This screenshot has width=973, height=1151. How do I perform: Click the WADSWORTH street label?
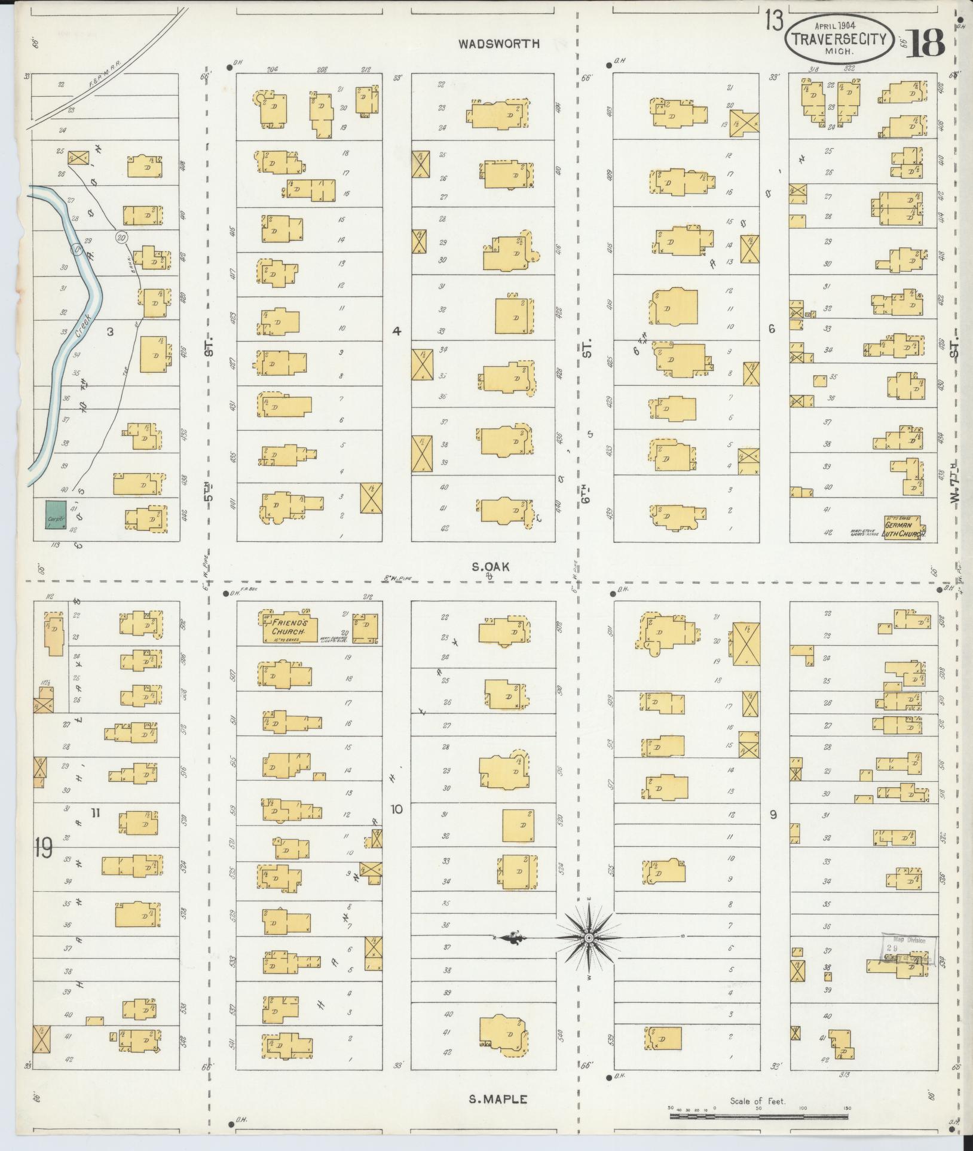[507, 44]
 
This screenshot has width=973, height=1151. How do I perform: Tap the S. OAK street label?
[490, 567]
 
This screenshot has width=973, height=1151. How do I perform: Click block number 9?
[773, 815]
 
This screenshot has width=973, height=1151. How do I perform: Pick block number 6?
[772, 329]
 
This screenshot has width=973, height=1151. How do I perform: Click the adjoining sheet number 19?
[43, 848]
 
